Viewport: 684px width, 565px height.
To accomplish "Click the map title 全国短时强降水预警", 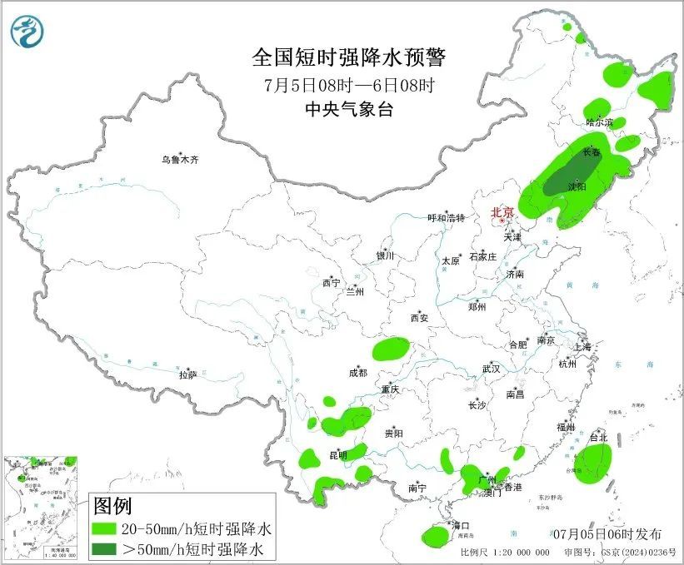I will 349,57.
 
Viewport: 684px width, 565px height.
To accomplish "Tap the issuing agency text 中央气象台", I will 349,110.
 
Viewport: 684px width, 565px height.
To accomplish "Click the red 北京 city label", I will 503,212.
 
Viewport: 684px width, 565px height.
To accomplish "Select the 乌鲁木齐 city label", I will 181,159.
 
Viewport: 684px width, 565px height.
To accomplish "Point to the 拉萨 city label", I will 187,375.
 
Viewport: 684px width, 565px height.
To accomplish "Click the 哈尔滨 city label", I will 598,122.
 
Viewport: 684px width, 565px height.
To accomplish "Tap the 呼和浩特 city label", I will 443,218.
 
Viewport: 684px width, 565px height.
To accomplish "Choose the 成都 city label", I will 357,374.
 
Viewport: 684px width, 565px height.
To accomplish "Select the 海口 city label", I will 461,525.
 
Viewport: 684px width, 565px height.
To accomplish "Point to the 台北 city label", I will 598,437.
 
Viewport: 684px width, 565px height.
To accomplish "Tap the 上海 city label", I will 582,346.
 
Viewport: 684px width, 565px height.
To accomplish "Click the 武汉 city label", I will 491,369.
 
